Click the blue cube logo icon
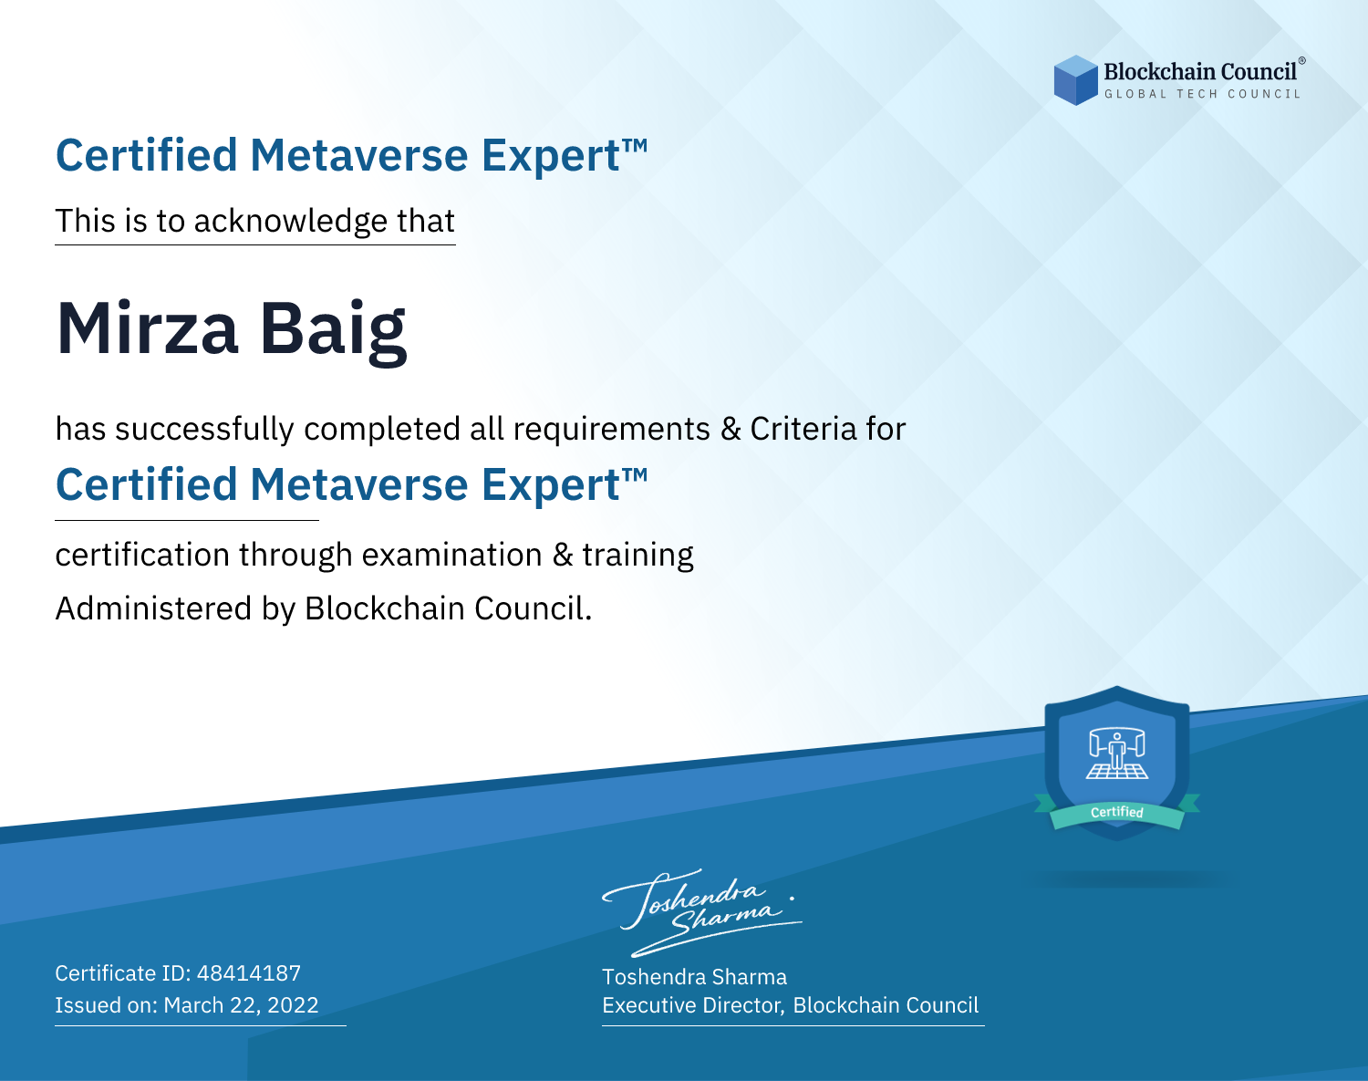(1075, 80)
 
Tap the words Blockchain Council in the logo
(1200, 71)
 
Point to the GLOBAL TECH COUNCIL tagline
(1202, 94)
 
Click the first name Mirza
(148, 328)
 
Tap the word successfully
(204, 430)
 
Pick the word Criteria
(803, 429)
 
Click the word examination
(452, 555)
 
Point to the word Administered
(153, 608)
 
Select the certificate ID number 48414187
(249, 972)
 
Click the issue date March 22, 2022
(241, 1005)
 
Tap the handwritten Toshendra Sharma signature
(701, 912)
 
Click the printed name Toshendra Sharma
(694, 977)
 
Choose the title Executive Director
(691, 1005)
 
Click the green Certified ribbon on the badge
(1117, 813)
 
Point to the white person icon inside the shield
(1117, 750)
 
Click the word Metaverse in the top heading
(359, 155)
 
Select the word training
(637, 556)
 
